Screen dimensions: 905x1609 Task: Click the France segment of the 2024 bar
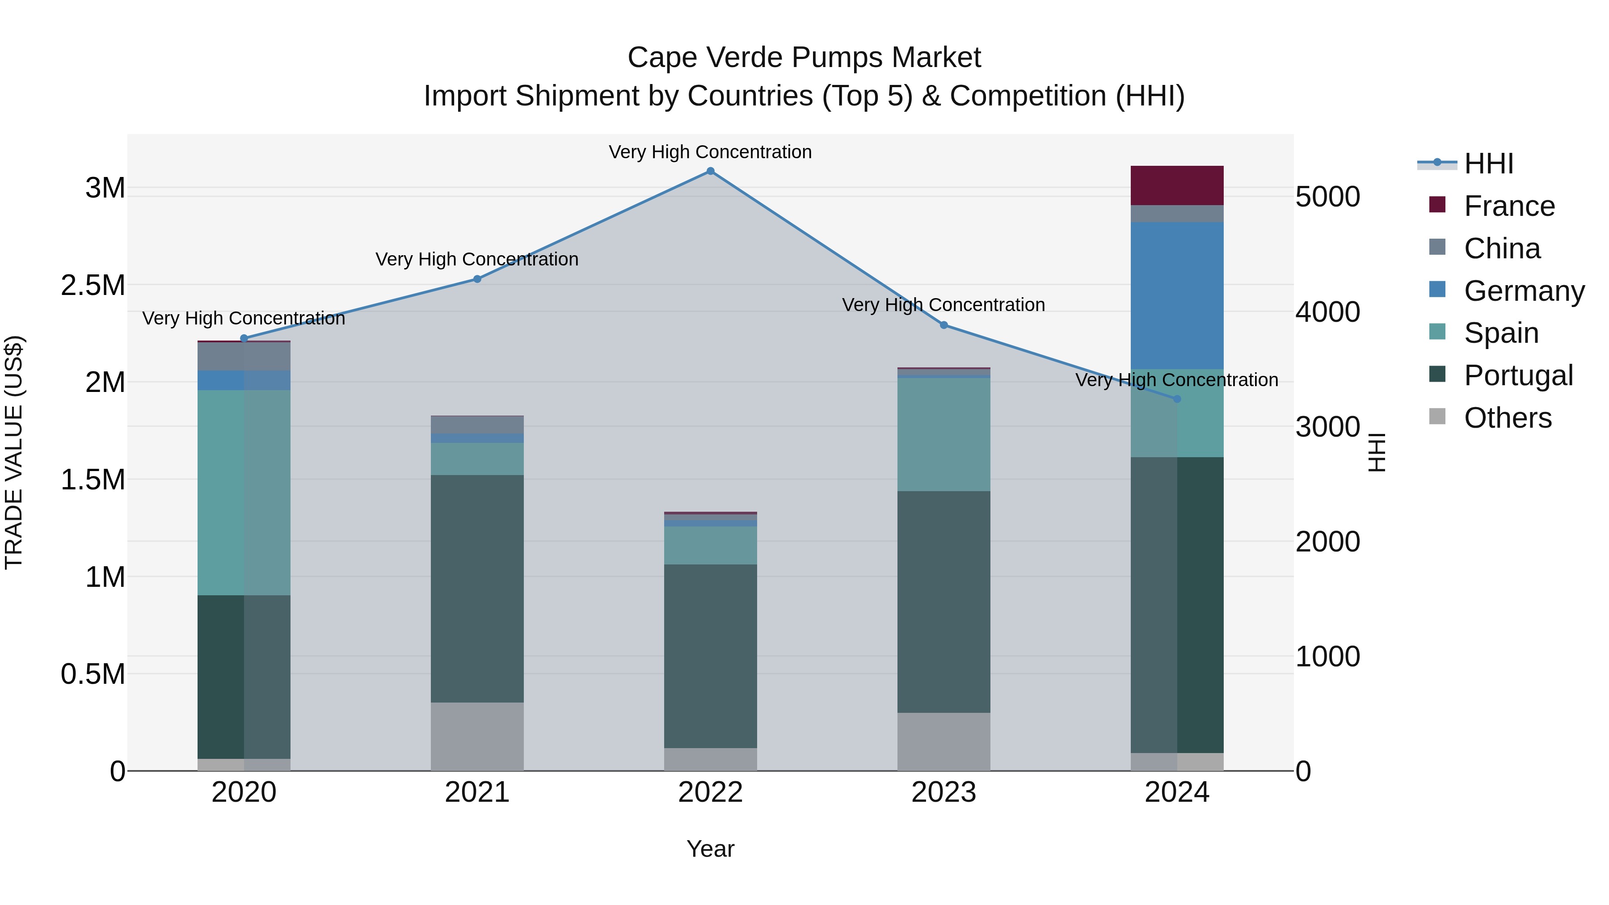coord(1177,185)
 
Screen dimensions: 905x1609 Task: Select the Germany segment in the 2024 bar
coord(1177,295)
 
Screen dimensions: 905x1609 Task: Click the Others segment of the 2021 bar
coord(477,737)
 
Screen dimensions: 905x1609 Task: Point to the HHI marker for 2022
coord(710,171)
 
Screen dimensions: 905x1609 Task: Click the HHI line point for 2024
coord(1177,399)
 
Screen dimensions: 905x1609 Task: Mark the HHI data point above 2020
coord(244,338)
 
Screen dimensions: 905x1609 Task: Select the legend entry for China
coord(1502,248)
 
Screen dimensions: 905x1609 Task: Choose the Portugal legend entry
coord(1518,375)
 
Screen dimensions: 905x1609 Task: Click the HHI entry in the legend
coord(1488,164)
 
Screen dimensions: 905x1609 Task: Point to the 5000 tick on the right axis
coord(1327,196)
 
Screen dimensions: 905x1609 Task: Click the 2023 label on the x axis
coord(943,792)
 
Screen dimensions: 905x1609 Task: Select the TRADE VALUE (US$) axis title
coord(14,452)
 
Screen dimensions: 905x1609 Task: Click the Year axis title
coord(710,849)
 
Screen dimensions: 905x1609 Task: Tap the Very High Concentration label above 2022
coord(710,152)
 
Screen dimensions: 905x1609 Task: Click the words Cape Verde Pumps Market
coord(804,58)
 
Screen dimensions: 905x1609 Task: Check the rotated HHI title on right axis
coord(1377,452)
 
